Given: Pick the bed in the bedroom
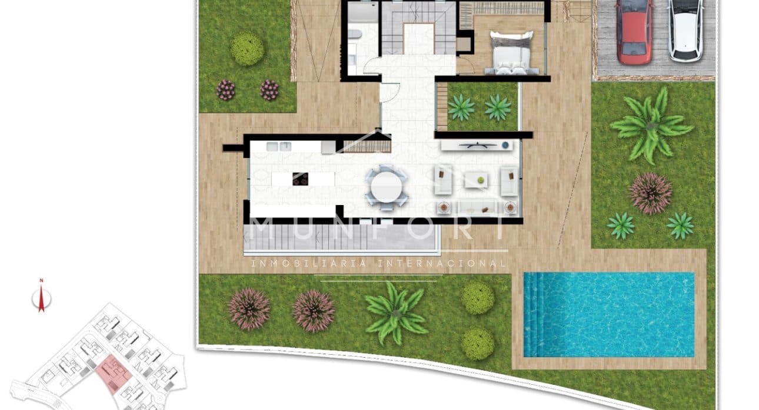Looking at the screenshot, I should [x=511, y=53].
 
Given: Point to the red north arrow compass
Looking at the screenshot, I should [x=41, y=300].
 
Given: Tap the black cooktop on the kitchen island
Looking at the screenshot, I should [x=300, y=179].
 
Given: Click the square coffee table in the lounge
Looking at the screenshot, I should [x=476, y=180].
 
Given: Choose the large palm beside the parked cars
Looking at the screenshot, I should [x=650, y=126].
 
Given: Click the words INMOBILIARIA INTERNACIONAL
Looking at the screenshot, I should [x=378, y=264].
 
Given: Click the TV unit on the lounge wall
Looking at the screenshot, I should [x=477, y=145].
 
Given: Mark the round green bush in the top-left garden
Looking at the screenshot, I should [x=247, y=49].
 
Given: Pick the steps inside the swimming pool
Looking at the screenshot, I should [x=532, y=314].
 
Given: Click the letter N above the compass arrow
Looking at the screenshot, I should [x=41, y=281].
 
